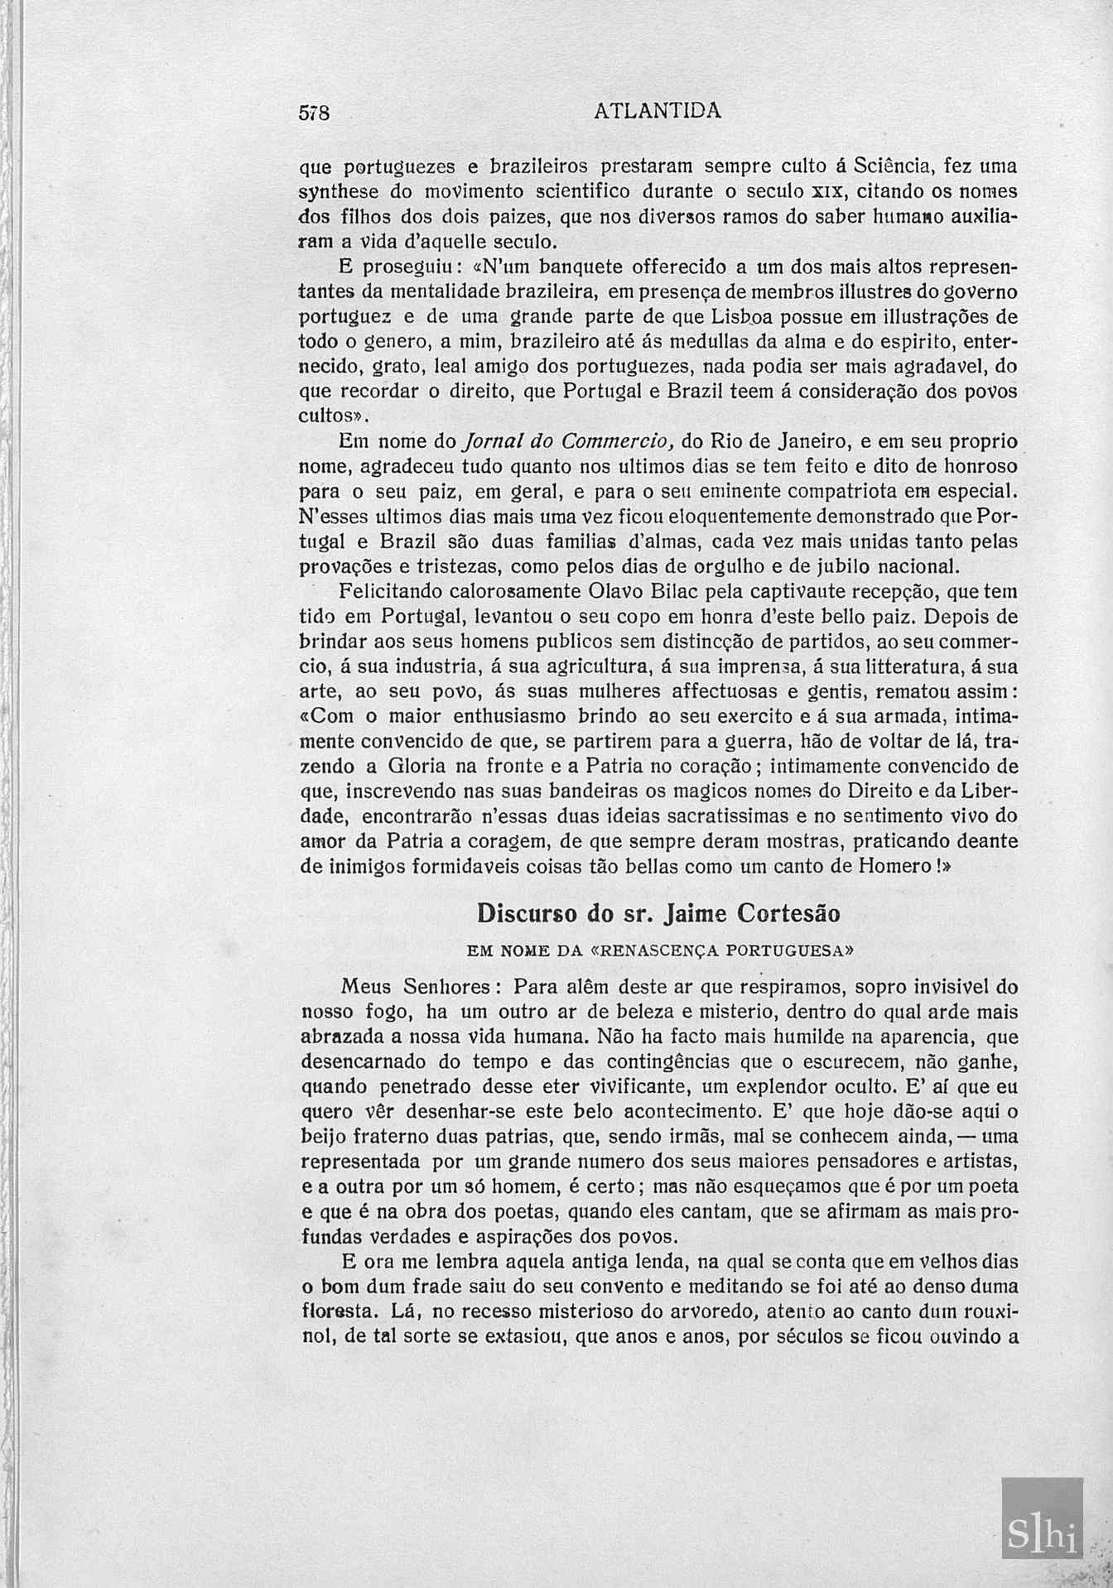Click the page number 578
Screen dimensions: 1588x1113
(x=315, y=113)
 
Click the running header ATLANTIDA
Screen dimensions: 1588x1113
(x=658, y=110)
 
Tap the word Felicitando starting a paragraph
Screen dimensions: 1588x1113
(x=389, y=593)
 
